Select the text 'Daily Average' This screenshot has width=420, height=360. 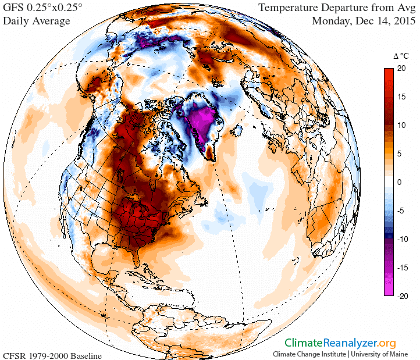click(37, 22)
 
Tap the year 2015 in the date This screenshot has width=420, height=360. click(403, 22)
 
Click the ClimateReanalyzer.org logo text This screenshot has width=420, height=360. click(339, 343)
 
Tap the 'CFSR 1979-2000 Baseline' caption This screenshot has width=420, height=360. click(52, 355)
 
